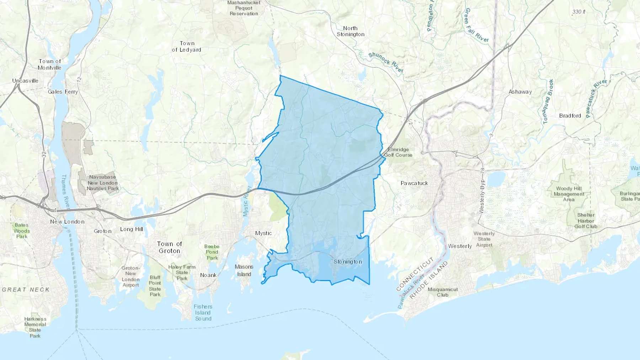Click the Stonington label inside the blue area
(348, 262)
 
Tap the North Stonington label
(351, 31)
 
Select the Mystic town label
(263, 233)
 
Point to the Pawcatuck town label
(414, 183)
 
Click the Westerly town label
(460, 246)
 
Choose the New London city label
(67, 222)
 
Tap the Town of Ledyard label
(187, 47)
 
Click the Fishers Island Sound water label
(203, 313)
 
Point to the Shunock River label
(386, 62)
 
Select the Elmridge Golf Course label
(398, 152)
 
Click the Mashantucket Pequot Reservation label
(244, 8)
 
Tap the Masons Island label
(244, 270)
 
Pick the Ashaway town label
(520, 92)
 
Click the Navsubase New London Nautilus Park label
(103, 183)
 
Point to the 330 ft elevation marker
(578, 12)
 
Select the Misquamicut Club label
(443, 292)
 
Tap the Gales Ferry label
(63, 92)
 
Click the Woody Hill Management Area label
(569, 194)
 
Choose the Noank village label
(208, 275)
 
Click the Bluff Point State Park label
(155, 286)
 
